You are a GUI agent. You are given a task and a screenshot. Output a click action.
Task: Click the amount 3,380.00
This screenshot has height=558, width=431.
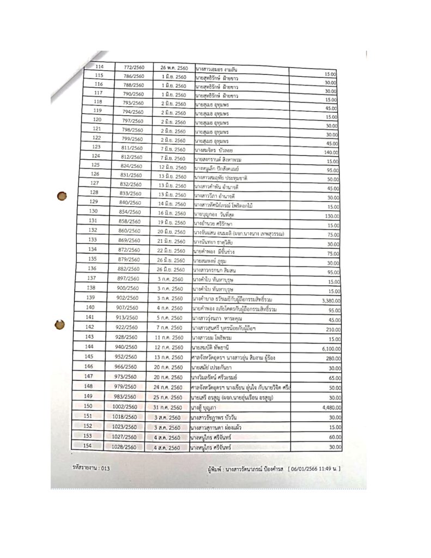point(328,300)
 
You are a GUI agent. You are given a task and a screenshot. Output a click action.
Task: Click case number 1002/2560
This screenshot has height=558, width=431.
point(125,406)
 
